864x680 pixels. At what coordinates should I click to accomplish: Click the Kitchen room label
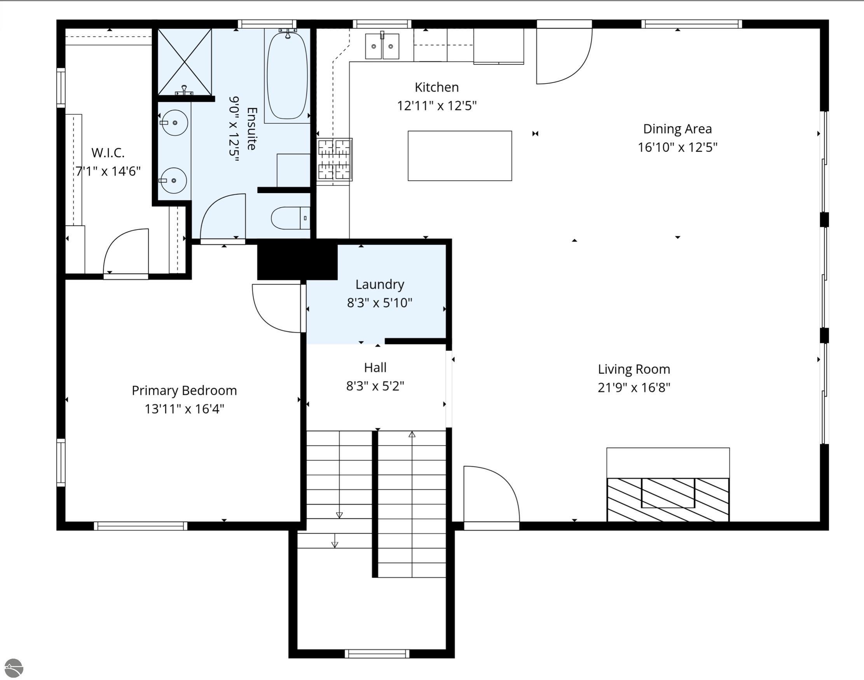(436, 87)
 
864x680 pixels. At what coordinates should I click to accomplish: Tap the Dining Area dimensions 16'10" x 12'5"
(677, 147)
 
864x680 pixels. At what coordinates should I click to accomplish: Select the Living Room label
(634, 369)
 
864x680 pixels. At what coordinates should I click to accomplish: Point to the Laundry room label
(379, 284)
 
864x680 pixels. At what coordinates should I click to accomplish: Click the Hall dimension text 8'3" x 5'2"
(375, 386)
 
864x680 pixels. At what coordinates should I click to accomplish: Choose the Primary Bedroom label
(184, 390)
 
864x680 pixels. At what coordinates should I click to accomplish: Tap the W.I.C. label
(108, 152)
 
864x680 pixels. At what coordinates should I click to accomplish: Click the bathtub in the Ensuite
(287, 76)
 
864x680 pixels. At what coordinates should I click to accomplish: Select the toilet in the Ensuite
(290, 218)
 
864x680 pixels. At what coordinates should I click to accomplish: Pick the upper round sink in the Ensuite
(175, 123)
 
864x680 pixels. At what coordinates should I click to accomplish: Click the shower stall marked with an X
(185, 62)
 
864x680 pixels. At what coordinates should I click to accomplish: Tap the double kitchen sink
(382, 47)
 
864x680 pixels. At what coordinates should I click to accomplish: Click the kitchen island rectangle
(459, 156)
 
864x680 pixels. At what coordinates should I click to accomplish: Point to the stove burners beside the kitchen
(335, 159)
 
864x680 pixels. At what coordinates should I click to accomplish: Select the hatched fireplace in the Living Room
(668, 499)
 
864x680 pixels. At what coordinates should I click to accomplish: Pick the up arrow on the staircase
(412, 435)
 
